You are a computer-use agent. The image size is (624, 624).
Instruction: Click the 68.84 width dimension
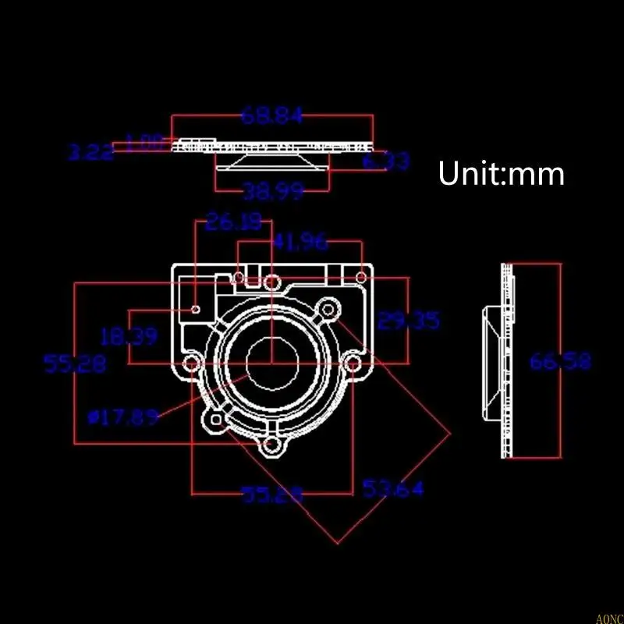click(271, 116)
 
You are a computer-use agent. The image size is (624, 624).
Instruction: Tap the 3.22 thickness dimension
click(90, 152)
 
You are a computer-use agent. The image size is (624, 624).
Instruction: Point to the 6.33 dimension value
click(387, 161)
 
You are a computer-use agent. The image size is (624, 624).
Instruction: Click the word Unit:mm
click(500, 173)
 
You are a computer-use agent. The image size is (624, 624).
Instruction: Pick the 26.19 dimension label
click(234, 223)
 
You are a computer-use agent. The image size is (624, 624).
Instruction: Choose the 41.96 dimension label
click(300, 243)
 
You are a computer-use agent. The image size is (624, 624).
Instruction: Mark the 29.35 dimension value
click(408, 321)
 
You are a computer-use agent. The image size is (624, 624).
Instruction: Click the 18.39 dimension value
click(129, 337)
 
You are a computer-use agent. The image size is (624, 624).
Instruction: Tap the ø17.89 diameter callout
click(123, 417)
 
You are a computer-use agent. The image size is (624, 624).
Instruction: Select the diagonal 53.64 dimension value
click(393, 489)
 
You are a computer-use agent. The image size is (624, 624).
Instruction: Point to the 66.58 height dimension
click(560, 361)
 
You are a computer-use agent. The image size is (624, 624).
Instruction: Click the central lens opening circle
click(271, 363)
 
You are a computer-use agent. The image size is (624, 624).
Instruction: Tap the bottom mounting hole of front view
click(271, 446)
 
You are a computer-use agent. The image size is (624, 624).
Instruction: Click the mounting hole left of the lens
click(190, 364)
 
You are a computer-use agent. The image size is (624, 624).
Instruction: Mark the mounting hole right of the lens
click(353, 364)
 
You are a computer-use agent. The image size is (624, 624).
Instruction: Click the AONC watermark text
click(608, 619)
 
